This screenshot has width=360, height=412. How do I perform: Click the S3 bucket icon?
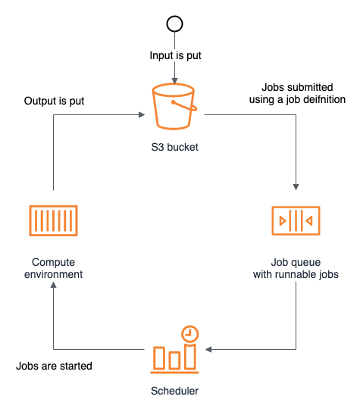coord(174,107)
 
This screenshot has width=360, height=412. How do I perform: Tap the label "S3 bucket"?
coord(174,147)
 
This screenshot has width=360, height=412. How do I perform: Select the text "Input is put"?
coord(175,56)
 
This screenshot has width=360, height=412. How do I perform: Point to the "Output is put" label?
coord(54,101)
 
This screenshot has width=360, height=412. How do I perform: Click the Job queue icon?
coord(296,220)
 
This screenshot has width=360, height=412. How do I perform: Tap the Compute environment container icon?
coord(53,220)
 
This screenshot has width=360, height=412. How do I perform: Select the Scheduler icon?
coord(174,349)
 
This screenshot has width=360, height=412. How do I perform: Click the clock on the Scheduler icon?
coord(190,334)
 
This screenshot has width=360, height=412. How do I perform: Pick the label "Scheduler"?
coord(174,391)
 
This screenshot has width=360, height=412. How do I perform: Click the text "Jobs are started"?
coord(54,366)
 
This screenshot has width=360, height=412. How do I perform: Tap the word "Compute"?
coord(53,262)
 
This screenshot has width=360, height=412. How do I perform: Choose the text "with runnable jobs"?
coord(296,275)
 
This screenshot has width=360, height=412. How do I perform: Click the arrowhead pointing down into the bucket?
coord(174,81)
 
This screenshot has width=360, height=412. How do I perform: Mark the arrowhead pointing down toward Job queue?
coord(296,187)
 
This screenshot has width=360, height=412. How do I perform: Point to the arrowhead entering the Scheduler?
coord(208,349)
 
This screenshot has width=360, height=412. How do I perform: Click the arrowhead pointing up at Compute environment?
coord(53,285)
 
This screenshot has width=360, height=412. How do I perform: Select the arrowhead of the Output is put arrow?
coord(142,114)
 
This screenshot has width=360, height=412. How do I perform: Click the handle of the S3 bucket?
coord(185,105)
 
